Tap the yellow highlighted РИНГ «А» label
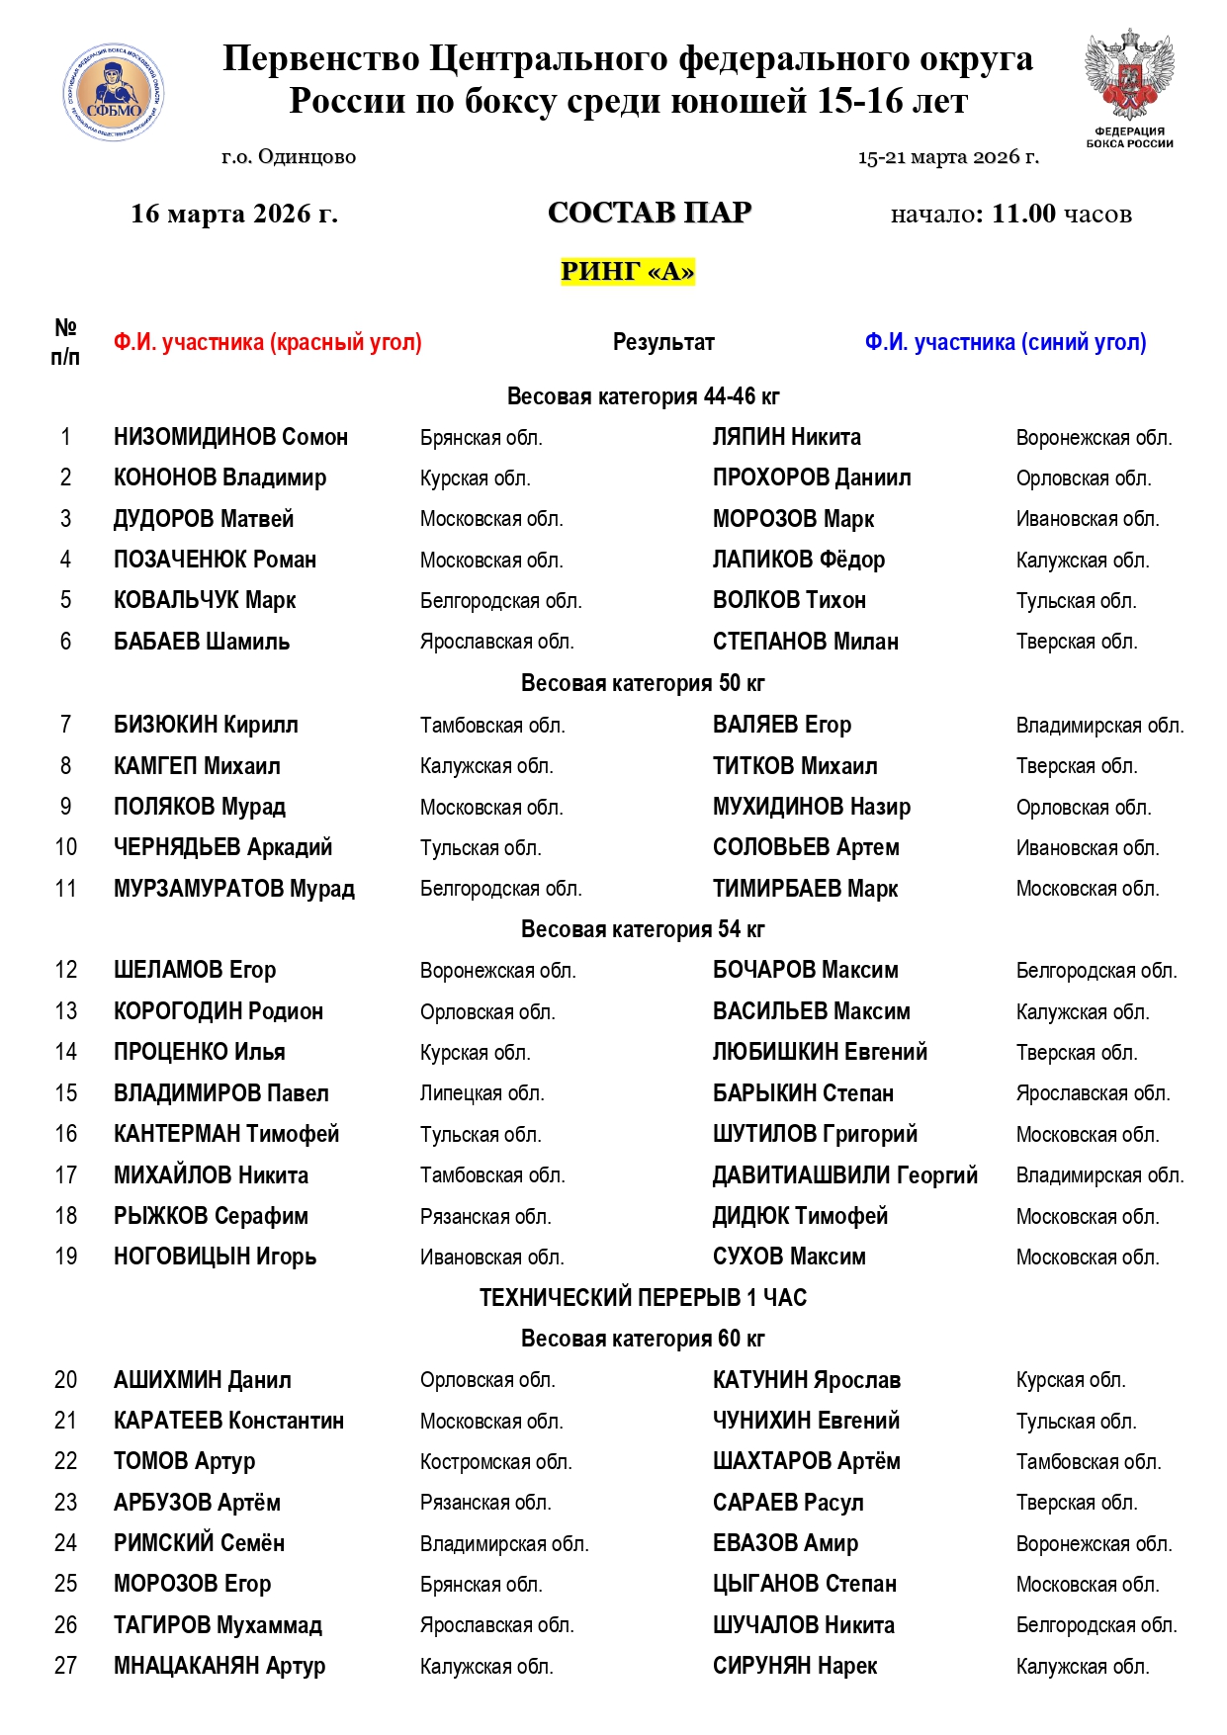tap(628, 271)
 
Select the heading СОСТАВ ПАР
tap(650, 213)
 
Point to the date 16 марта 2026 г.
tap(234, 214)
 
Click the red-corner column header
tap(267, 342)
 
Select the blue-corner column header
tap(1006, 342)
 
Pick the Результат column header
tap(663, 342)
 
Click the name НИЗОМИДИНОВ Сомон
tap(230, 437)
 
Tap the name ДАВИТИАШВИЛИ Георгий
tap(845, 1175)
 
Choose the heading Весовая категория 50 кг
tap(643, 683)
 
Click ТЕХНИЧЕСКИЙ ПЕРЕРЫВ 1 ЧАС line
tap(643, 1297)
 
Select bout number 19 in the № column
tap(66, 1257)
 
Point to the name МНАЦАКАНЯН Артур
tap(219, 1666)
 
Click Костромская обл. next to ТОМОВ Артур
tap(495, 1462)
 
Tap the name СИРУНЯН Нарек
tap(795, 1666)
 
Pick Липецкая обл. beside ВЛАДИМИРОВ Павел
tap(482, 1093)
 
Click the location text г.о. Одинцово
tap(289, 156)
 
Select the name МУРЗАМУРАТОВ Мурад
tap(234, 889)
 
